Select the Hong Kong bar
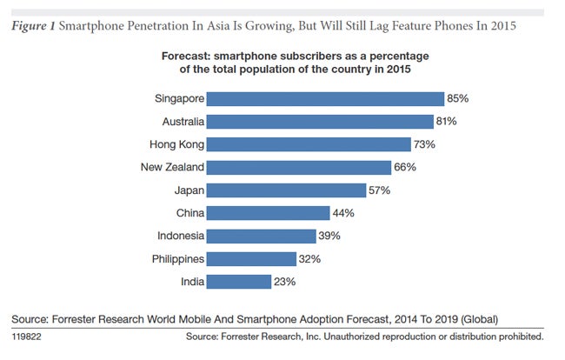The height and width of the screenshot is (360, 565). [x=309, y=144]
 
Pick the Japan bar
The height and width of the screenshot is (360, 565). [x=288, y=190]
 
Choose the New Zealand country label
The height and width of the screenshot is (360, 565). [x=172, y=167]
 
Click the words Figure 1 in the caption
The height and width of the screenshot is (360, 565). [x=32, y=25]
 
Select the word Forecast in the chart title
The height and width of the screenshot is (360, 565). [x=188, y=57]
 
